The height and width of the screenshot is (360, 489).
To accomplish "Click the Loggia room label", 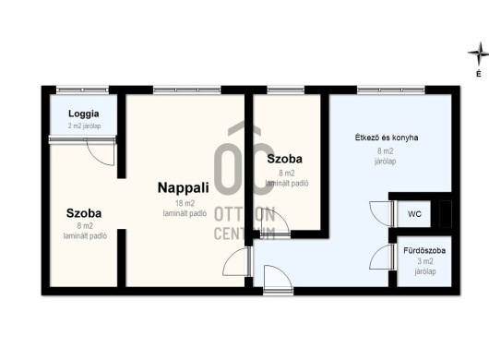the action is pyautogui.click(x=84, y=114).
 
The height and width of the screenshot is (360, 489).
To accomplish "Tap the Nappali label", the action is pyautogui.click(x=183, y=187).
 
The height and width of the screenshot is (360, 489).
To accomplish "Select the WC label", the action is pyautogui.click(x=414, y=214).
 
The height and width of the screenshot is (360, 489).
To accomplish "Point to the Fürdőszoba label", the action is pyautogui.click(x=424, y=250).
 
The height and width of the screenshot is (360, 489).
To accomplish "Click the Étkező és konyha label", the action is pyautogui.click(x=387, y=138).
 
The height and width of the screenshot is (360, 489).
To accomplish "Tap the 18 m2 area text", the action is pyautogui.click(x=185, y=203).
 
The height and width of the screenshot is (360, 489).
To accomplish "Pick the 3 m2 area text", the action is pyautogui.click(x=425, y=261).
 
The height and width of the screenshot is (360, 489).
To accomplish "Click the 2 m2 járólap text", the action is pyautogui.click(x=84, y=126).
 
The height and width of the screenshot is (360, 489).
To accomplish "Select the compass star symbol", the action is pyautogui.click(x=478, y=54).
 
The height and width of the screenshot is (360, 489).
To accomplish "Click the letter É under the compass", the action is pyautogui.click(x=479, y=74).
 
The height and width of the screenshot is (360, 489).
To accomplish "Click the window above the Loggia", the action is pyautogui.click(x=82, y=90).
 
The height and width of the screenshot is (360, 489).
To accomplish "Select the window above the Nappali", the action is pyautogui.click(x=186, y=90).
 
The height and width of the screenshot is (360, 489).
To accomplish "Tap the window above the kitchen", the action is pyautogui.click(x=391, y=90).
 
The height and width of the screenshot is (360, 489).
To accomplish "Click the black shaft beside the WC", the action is pyautogui.click(x=445, y=214).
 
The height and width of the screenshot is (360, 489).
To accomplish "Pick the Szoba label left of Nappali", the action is pyautogui.click(x=84, y=213).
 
